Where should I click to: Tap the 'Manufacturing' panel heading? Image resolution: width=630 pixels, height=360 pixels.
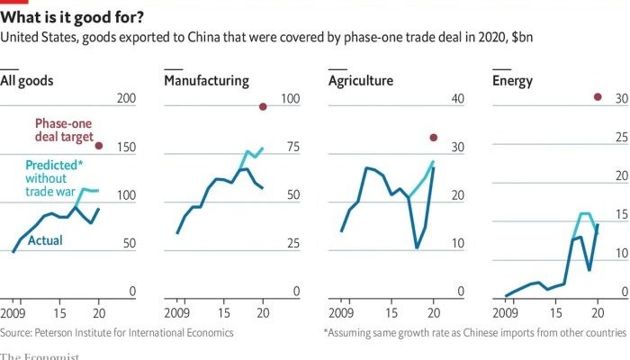click(206, 81)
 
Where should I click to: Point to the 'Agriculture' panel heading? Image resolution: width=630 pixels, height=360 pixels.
click(360, 81)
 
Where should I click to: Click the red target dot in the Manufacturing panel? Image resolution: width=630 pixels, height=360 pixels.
click(263, 106)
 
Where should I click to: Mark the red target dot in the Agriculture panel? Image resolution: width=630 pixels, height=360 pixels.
click(433, 138)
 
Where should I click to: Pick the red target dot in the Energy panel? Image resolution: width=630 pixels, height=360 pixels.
click(598, 97)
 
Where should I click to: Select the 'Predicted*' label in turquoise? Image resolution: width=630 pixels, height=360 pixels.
click(55, 166)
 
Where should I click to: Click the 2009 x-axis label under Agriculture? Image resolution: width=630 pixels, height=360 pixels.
click(341, 312)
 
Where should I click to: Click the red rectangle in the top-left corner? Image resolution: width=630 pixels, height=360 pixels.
click(10, 3)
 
